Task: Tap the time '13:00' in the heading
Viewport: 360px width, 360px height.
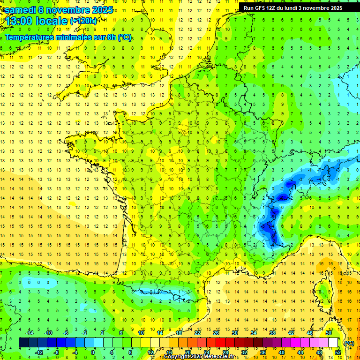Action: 18,21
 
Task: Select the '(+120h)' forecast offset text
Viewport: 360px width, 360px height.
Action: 83,21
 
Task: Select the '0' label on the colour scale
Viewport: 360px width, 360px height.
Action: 93,352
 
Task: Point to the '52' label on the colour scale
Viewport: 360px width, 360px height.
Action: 338,352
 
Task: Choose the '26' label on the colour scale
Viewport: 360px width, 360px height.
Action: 216,333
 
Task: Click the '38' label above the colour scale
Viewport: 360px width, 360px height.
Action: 272,333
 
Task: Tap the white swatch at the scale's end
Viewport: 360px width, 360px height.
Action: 333,343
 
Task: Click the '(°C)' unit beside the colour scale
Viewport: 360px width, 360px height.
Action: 349,343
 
